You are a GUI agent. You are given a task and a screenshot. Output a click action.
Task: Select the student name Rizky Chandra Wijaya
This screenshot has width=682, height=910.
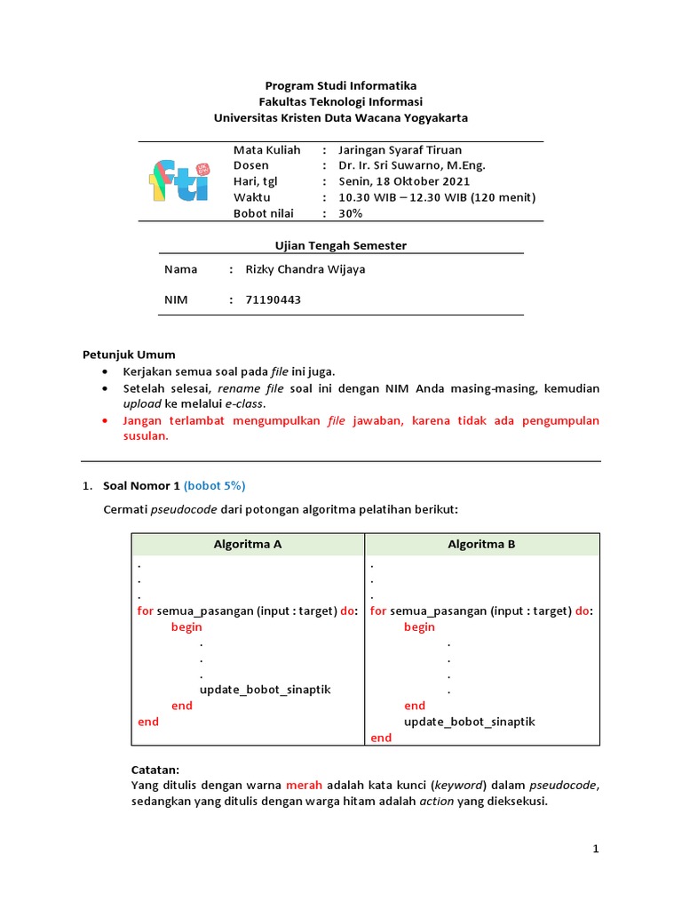(305, 269)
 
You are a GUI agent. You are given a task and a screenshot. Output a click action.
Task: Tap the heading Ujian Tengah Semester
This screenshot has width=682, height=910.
(340, 245)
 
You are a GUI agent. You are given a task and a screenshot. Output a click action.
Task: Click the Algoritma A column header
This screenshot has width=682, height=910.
(248, 545)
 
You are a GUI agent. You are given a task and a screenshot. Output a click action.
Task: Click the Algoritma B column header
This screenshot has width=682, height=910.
(481, 545)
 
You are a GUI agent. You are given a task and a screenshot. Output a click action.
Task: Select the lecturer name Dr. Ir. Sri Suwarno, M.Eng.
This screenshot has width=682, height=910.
(412, 165)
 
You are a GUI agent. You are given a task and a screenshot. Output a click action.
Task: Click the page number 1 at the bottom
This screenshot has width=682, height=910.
(597, 850)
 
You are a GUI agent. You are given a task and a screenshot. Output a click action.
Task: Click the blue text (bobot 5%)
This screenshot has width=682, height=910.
(214, 485)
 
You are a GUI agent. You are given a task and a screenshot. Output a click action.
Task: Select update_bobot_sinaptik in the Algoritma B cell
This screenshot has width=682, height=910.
(470, 722)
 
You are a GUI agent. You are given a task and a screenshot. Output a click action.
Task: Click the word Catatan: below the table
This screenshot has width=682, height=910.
(155, 770)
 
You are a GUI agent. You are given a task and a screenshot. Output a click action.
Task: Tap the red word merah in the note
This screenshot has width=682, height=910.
(304, 786)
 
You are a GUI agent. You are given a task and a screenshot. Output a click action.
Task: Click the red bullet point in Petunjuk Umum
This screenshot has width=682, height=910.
(107, 420)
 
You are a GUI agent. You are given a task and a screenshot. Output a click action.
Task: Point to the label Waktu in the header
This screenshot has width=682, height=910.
(251, 197)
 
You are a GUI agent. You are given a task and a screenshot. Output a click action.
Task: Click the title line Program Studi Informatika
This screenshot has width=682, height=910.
(340, 85)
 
